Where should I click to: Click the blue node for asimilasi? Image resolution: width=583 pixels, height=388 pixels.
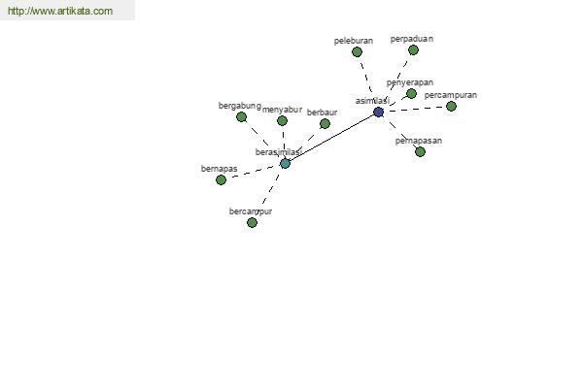point(378,113)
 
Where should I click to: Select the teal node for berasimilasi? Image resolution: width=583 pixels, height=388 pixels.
point(285,163)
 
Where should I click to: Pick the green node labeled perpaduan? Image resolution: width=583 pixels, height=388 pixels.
point(413,49)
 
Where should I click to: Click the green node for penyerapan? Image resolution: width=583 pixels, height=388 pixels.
point(411,94)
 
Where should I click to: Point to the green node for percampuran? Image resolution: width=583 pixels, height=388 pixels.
point(451,106)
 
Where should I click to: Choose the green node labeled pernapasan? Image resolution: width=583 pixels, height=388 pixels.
point(420,151)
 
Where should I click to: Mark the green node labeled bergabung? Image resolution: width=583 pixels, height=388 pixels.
point(241,116)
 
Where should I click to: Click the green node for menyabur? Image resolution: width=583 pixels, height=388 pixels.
point(282,120)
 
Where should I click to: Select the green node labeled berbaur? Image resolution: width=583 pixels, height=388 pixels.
point(325,123)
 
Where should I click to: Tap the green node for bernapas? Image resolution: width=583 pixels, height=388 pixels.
point(221,179)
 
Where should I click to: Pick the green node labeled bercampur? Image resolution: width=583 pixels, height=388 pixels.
point(252,222)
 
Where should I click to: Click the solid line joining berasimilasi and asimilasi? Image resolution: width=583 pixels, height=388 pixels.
point(331,138)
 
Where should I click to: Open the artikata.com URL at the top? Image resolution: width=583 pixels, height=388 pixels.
point(60,12)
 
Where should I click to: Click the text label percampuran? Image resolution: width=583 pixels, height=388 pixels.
point(451,95)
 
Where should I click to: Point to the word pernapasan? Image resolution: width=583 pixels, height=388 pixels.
point(419,141)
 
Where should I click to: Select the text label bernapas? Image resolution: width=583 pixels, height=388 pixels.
point(220,169)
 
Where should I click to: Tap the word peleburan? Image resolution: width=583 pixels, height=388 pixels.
point(354,41)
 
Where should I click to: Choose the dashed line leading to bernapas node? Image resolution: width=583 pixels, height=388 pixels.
point(253,172)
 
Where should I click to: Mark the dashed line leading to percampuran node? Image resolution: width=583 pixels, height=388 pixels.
point(418,109)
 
